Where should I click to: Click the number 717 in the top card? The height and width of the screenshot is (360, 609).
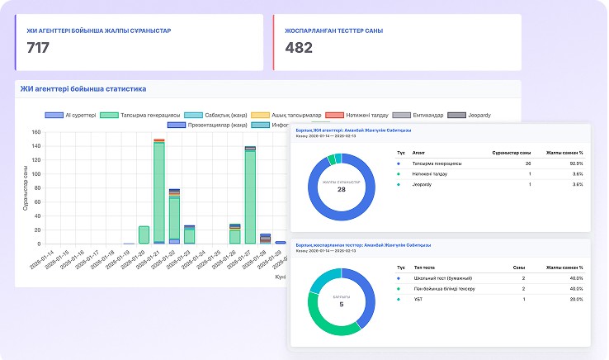click(38, 48)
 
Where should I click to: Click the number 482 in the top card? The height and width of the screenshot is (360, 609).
click(299, 48)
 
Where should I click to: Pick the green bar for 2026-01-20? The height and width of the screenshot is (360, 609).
click(144, 234)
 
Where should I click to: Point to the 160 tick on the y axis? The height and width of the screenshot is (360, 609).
click(35, 131)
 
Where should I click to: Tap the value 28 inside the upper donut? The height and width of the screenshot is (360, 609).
click(341, 189)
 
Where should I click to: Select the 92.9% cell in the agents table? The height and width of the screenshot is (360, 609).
click(574, 163)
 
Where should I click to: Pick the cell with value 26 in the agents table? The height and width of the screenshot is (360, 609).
click(527, 163)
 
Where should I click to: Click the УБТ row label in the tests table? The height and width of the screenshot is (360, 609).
click(418, 299)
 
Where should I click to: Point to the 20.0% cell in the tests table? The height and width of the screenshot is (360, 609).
click(574, 299)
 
